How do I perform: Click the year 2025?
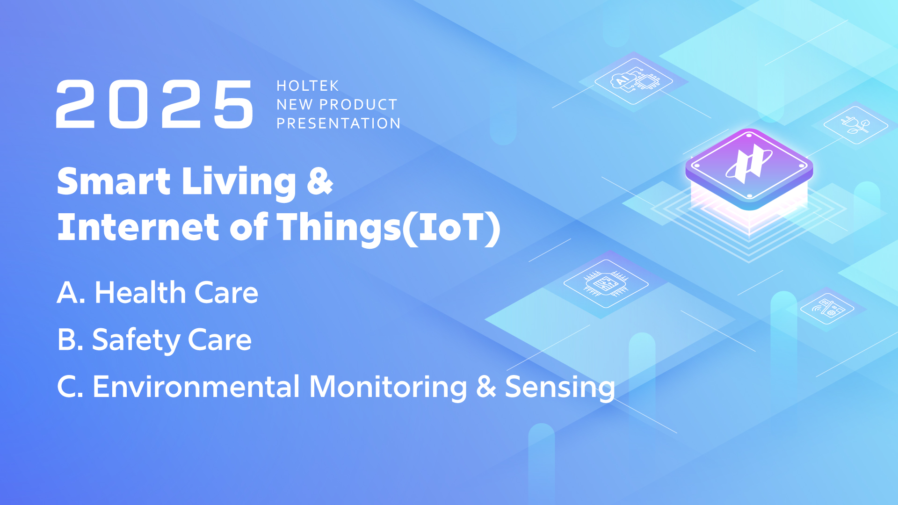(155, 104)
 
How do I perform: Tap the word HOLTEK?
(308, 86)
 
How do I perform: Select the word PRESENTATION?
(339, 123)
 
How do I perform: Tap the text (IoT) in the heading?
(452, 228)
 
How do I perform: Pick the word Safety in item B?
(136, 340)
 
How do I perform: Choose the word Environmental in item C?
(196, 387)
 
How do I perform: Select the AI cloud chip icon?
(634, 81)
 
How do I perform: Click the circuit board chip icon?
(606, 283)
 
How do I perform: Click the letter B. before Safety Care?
(71, 339)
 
